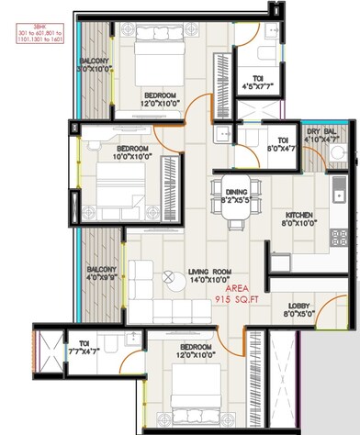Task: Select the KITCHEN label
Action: [300, 213]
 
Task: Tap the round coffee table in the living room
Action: [168, 277]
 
